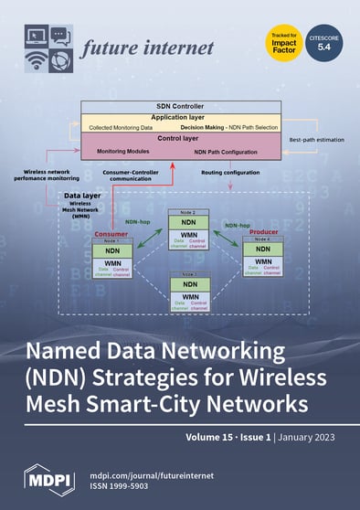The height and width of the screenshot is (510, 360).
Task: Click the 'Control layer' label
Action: pyautogui.click(x=179, y=139)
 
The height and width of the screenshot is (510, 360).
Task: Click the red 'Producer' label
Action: pyautogui.click(x=260, y=233)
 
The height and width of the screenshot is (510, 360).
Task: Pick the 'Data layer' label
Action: pyautogui.click(x=83, y=196)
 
